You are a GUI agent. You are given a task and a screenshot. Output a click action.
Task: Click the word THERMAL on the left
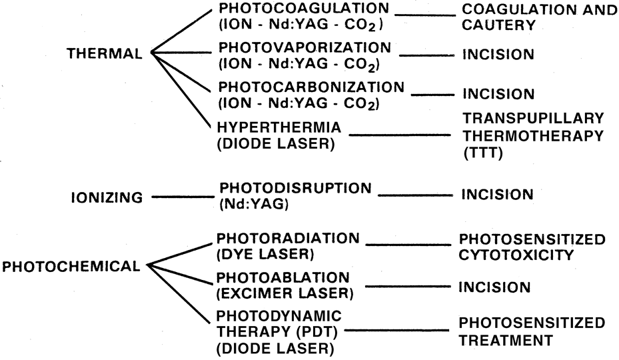[105, 55]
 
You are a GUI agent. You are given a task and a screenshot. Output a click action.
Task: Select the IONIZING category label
[107, 197]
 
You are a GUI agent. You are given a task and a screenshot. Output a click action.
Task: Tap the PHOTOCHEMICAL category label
[71, 267]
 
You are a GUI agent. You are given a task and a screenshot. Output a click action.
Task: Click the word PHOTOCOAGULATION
[293, 10]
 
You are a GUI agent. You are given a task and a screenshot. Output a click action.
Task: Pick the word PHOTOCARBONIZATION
[301, 87]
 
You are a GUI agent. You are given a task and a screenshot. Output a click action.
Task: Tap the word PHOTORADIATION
[289, 238]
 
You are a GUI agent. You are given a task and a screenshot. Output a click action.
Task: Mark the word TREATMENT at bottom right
[505, 339]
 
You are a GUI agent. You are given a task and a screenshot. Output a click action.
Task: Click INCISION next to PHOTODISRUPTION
[496, 195]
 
